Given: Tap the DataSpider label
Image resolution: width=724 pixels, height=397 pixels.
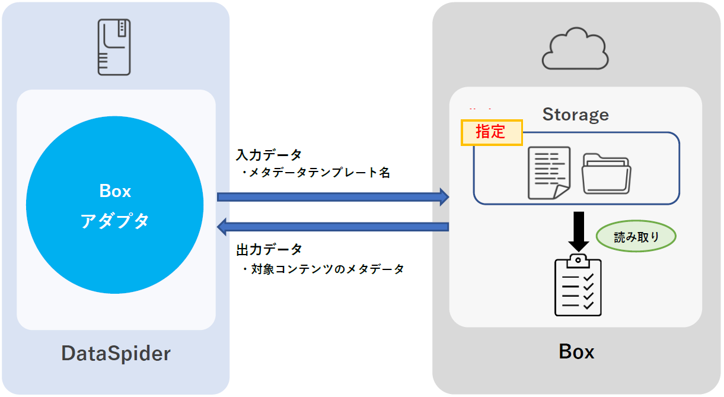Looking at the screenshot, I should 116,354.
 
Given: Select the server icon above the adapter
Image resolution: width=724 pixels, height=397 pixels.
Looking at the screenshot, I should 114,47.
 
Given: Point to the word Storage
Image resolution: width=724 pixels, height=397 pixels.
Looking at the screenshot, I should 575,114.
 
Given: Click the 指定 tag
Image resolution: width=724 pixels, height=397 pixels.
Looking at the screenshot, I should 492,132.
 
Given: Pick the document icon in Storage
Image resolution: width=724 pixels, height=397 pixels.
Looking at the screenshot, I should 549,172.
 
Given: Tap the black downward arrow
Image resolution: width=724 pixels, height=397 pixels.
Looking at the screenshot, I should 578,231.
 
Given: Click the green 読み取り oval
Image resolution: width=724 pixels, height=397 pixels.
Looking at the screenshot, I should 636,237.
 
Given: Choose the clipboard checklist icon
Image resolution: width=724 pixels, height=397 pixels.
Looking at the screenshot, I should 578,287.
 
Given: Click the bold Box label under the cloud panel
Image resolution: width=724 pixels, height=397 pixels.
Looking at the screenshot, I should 576,352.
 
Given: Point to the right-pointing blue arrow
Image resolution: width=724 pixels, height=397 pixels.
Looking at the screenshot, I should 333,196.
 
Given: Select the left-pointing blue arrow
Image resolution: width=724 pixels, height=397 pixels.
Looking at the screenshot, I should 333,226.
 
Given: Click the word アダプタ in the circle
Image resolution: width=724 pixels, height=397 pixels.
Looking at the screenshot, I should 114,221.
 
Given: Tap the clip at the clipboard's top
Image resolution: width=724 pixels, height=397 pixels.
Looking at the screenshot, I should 578,261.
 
